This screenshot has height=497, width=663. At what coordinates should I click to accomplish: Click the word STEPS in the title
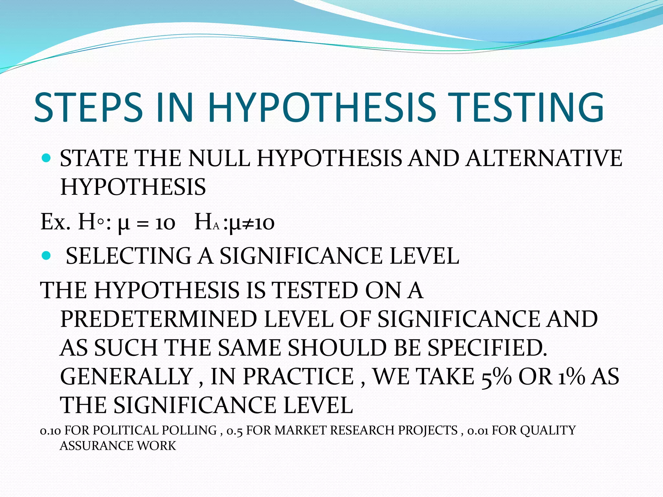point(88,107)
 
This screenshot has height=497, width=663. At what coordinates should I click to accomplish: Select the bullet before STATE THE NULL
point(47,158)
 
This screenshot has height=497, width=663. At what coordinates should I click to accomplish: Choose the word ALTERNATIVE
point(544,159)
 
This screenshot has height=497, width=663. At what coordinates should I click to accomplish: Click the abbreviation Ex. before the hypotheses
point(55,223)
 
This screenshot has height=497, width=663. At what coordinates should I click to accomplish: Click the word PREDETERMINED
point(159,319)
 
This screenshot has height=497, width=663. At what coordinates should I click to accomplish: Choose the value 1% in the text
point(572,377)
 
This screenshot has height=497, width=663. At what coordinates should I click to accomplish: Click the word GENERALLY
point(127,377)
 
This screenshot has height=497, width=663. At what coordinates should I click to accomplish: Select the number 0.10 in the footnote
point(50,431)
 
